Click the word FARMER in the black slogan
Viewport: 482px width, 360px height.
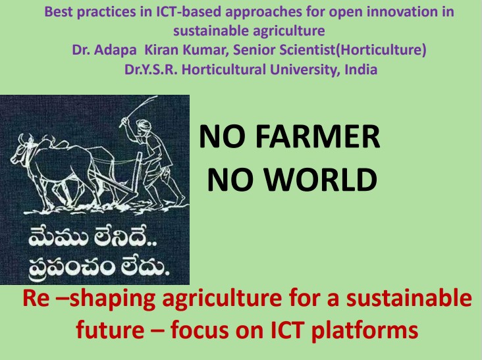pos(317,136)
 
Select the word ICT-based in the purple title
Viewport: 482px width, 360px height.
pos(189,12)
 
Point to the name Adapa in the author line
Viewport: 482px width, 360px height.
pos(115,50)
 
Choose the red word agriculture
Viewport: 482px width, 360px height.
pos(222,299)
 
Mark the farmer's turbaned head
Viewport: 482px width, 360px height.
pos(144,125)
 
